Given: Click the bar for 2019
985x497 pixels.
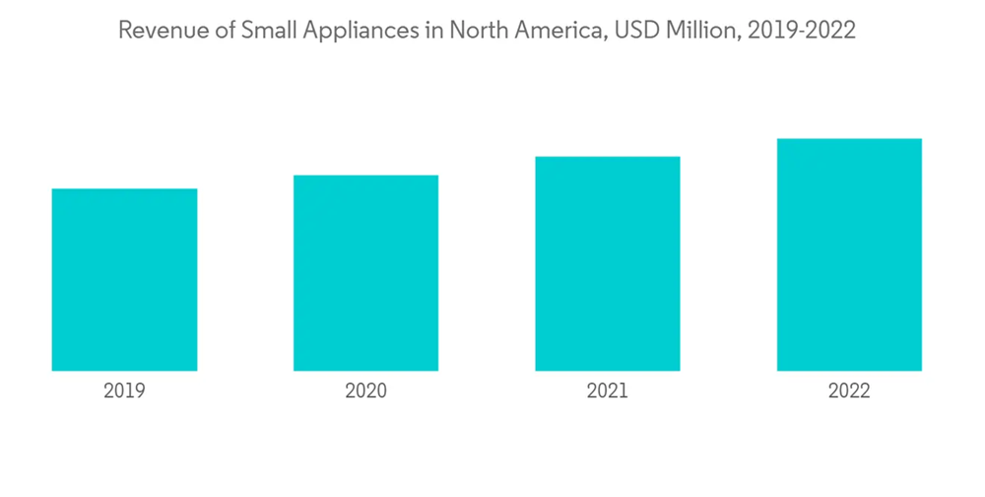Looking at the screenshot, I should pyautogui.click(x=124, y=280).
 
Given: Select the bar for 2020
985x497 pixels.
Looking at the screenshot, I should pyautogui.click(x=365, y=273).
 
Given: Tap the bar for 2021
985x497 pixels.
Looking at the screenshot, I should pyautogui.click(x=608, y=263).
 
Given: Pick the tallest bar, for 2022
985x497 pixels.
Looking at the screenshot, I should pyautogui.click(x=849, y=254).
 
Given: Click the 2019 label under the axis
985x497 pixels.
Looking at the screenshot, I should pyautogui.click(x=124, y=391).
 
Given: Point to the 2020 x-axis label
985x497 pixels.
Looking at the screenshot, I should pyautogui.click(x=365, y=391).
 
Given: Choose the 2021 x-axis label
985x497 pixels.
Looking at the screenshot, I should pyautogui.click(x=608, y=391).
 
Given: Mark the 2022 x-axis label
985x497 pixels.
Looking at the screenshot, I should pyautogui.click(x=849, y=391).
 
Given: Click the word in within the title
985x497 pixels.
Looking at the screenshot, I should pyautogui.click(x=437, y=31).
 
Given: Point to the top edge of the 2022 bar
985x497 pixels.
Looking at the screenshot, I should pyautogui.click(x=849, y=139).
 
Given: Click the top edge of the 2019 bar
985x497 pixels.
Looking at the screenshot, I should pyautogui.click(x=124, y=189).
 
